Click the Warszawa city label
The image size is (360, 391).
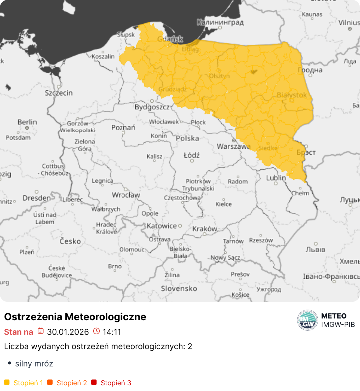(x=233, y=146)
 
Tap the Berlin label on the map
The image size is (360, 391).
(x=27, y=122)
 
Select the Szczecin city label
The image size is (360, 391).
(x=59, y=93)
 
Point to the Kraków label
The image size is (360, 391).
(x=205, y=229)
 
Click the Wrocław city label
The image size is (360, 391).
(x=126, y=195)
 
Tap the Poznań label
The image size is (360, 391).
(x=123, y=127)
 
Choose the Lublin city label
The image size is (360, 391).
(x=276, y=178)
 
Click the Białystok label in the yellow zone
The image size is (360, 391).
(x=292, y=95)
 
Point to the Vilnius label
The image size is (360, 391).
(x=349, y=23)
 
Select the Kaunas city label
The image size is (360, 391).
(x=312, y=14)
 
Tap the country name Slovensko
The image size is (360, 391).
(x=179, y=289)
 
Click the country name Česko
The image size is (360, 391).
(x=70, y=241)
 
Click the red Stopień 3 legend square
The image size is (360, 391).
(x=94, y=382)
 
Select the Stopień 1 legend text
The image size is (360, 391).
(x=28, y=383)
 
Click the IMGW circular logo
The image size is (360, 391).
(x=307, y=320)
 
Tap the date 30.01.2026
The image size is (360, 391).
(x=68, y=332)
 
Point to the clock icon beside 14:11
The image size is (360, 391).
(x=96, y=331)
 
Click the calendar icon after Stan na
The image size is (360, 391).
(x=41, y=331)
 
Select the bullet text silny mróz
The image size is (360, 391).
(x=34, y=364)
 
